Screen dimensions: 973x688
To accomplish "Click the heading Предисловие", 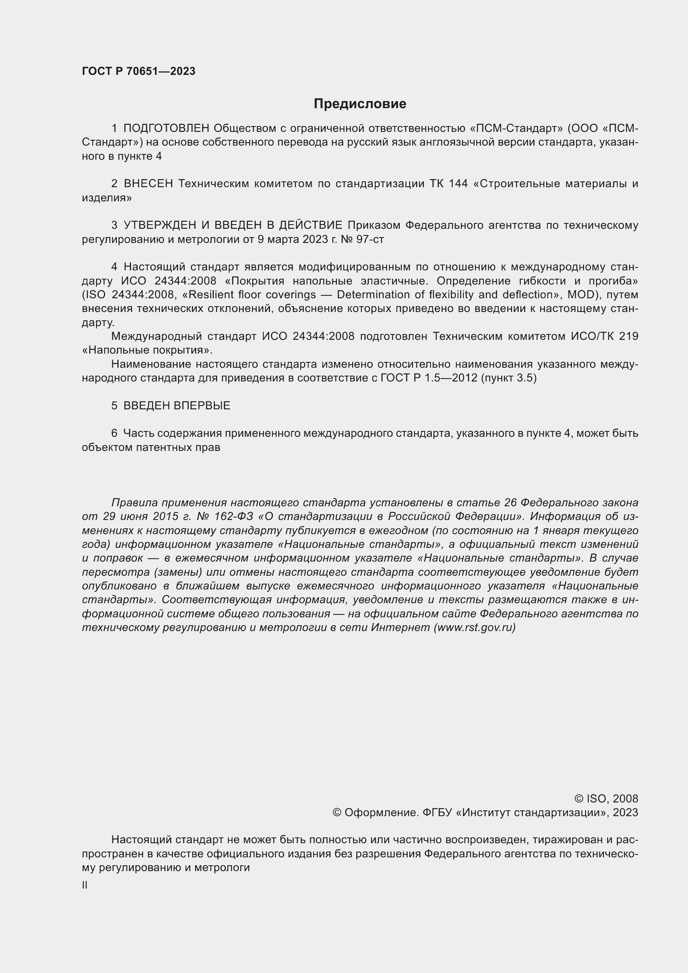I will coord(360,104).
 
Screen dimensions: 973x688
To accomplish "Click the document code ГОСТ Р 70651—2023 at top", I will coord(139,71).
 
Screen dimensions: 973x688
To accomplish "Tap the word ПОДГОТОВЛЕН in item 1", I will coord(166,128).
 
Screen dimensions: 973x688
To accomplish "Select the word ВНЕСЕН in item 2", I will coord(148,183).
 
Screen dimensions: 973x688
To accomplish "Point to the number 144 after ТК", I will coord(459,183).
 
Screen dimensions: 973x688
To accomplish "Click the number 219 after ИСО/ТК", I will coord(628,336).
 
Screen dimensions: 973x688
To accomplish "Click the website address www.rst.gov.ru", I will coord(475,628).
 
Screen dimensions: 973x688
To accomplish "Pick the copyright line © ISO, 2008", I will coord(606,799).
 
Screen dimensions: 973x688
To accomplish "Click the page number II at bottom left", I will coord(85,885).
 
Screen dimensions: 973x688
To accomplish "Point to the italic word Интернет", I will coord(400,628).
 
